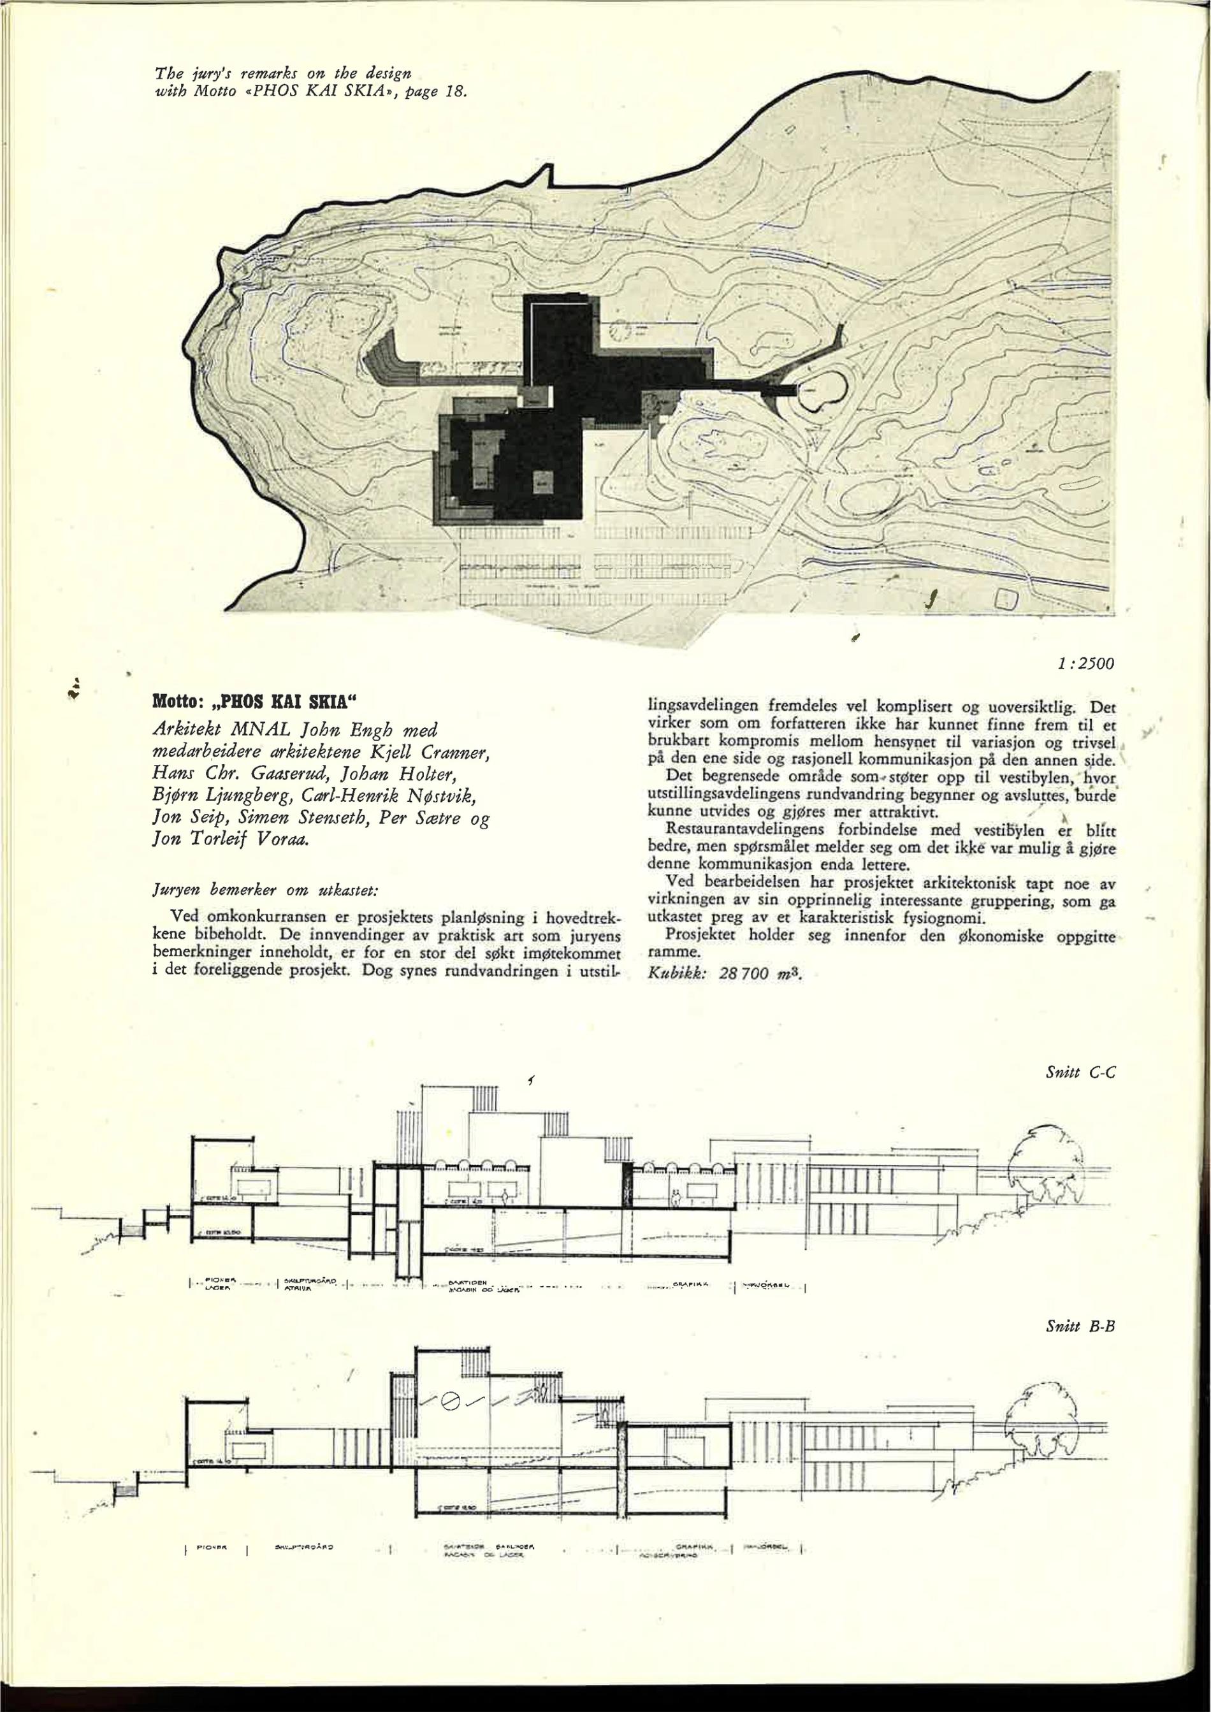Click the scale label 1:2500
(1085, 664)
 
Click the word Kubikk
(676, 974)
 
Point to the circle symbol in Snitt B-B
(449, 1402)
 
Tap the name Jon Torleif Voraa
(231, 839)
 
